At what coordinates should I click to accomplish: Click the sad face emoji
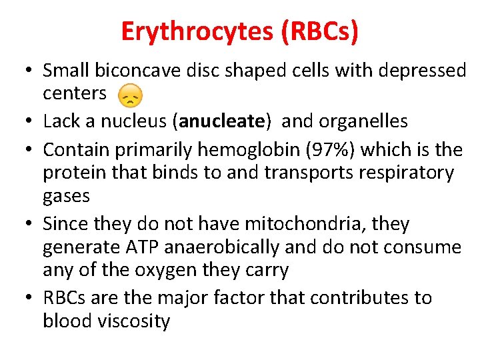pyautogui.click(x=130, y=97)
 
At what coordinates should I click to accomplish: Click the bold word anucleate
pyautogui.click(x=212, y=121)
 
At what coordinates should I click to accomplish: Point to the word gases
pyautogui.click(x=66, y=196)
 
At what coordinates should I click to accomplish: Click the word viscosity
pyautogui.click(x=133, y=321)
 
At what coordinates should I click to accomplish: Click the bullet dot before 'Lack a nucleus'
pyautogui.click(x=29, y=121)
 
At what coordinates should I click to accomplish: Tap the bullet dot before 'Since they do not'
pyautogui.click(x=29, y=223)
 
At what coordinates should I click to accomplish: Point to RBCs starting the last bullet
pyautogui.click(x=65, y=297)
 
